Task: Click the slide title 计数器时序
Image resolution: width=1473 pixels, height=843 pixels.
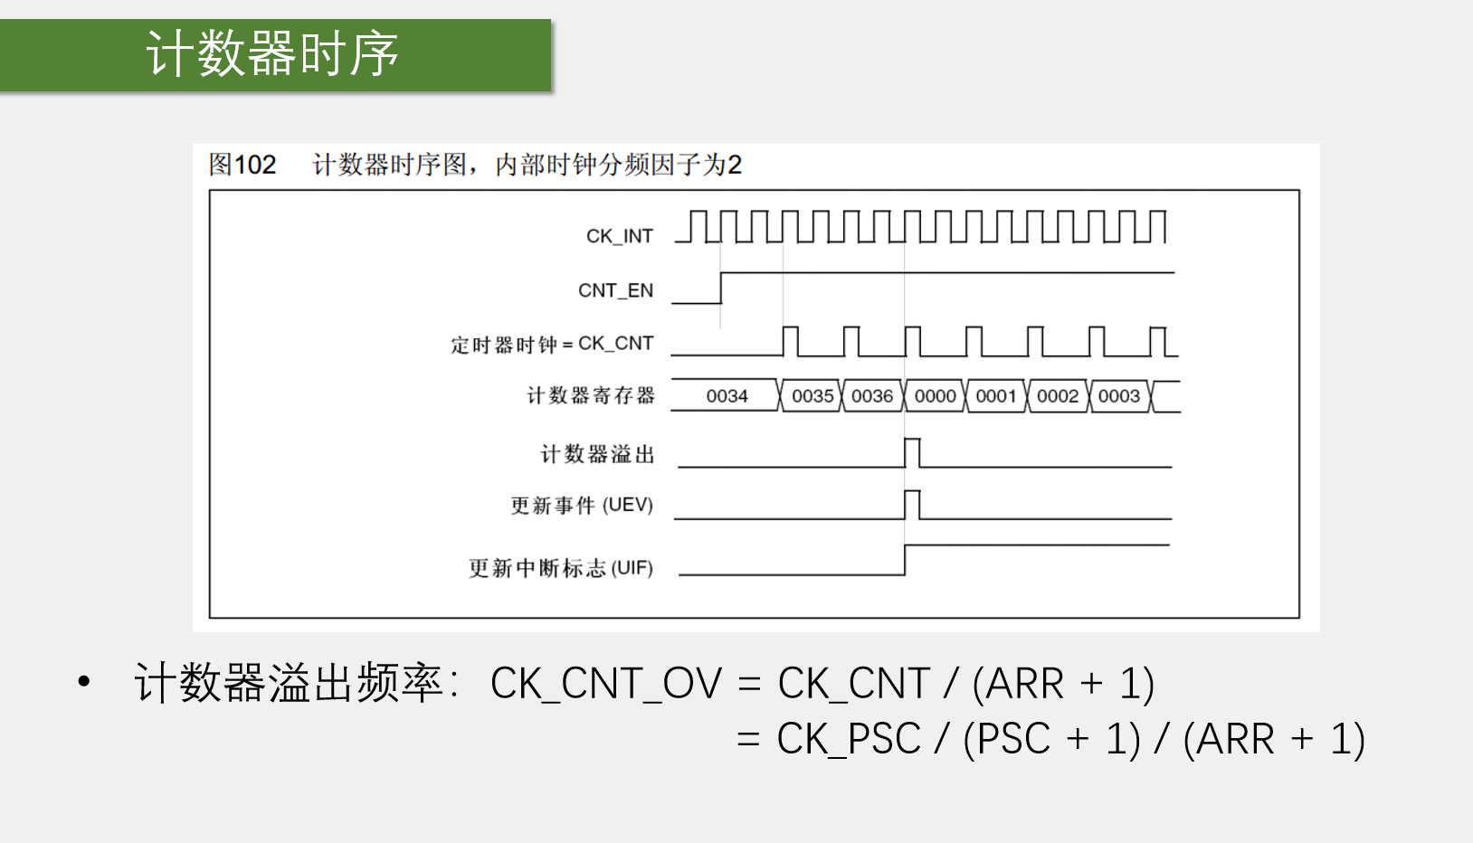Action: pyautogui.click(x=271, y=53)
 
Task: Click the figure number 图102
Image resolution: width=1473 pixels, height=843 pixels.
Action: pyautogui.click(x=242, y=165)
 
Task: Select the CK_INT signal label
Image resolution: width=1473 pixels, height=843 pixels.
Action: pyautogui.click(x=619, y=236)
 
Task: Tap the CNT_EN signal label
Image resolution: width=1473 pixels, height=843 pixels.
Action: pyautogui.click(x=615, y=290)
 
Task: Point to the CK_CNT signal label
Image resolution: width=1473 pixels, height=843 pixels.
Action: pyautogui.click(x=615, y=344)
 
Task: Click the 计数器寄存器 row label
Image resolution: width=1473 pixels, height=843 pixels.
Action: pyautogui.click(x=590, y=396)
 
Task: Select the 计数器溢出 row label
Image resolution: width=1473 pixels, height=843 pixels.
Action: pyautogui.click(x=597, y=454)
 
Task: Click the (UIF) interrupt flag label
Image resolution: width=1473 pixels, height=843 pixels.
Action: pyautogui.click(x=632, y=568)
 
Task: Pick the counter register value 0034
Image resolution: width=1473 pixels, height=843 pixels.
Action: pyautogui.click(x=727, y=396)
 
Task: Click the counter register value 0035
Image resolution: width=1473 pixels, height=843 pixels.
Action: pyautogui.click(x=813, y=396)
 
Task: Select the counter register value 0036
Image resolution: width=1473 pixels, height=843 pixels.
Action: pyautogui.click(x=872, y=396)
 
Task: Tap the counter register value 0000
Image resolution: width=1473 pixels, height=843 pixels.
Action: pyautogui.click(x=935, y=396)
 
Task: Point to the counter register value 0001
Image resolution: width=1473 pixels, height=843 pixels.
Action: pyautogui.click(x=996, y=396)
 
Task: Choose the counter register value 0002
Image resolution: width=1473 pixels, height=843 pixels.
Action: pyautogui.click(x=1058, y=396)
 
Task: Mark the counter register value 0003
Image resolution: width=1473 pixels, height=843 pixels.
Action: pyautogui.click(x=1119, y=396)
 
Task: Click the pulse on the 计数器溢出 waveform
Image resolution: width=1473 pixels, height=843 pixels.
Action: pyautogui.click(x=912, y=451)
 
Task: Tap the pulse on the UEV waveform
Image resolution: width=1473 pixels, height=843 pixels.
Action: pyautogui.click(x=912, y=504)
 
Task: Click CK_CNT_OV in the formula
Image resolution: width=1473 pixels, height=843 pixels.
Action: pyautogui.click(x=605, y=684)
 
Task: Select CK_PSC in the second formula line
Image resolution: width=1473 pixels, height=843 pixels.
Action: pyautogui.click(x=848, y=739)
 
